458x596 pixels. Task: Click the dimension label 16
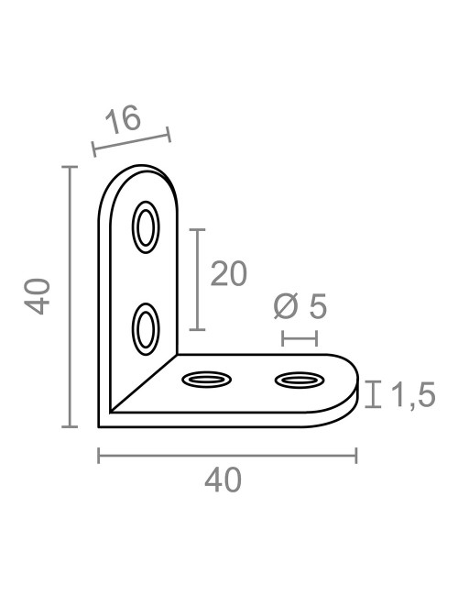pos(124,120)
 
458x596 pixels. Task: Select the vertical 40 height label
pos(37,297)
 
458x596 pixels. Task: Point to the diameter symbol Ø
pos(286,306)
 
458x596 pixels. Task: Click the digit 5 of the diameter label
pos(317,306)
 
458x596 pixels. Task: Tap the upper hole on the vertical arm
pos(145,227)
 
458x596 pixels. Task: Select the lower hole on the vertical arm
pos(145,327)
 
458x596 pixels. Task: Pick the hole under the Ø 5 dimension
pos(300,379)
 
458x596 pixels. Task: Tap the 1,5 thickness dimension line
pos(373,394)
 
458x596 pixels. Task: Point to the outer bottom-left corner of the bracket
pos(100,426)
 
